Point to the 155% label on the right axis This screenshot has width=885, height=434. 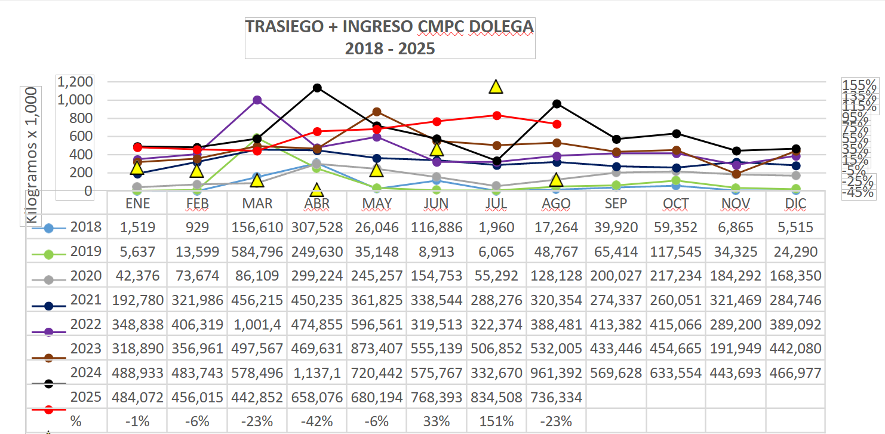859,85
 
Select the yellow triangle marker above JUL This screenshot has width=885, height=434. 496,87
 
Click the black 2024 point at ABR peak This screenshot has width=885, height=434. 317,88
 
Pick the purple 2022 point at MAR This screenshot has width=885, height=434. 257,100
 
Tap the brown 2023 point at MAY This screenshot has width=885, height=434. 377,112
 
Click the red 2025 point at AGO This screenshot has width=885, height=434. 557,124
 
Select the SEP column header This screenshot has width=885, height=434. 616,204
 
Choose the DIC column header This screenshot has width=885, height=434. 795,204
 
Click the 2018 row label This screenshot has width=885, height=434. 86,227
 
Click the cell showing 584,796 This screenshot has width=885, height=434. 257,251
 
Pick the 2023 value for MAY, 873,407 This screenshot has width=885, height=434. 377,349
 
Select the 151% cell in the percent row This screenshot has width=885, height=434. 496,421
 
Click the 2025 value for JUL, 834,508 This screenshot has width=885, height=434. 496,397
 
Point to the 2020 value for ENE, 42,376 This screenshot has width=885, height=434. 137,276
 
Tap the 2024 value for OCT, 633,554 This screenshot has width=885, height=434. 676,373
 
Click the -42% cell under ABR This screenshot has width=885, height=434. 317,421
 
